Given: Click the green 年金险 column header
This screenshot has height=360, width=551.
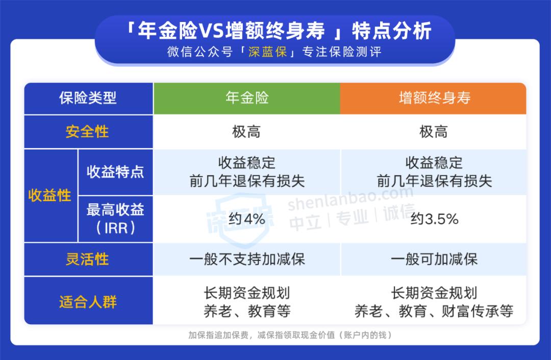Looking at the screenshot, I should pos(246,98).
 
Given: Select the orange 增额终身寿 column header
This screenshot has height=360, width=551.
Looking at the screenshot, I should pos(434,98).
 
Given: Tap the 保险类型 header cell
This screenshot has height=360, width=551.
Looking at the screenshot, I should pos(88,98).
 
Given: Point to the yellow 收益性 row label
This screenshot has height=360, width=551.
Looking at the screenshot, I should pos(49,196).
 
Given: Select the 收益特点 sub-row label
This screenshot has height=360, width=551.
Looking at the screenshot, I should pos(115,172).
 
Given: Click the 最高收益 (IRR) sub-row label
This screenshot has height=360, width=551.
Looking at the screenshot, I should pos(115,218).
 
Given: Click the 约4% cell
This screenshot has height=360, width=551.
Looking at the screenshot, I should pos(246,219).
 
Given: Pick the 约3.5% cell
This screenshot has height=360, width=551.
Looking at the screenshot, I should pos(434,219).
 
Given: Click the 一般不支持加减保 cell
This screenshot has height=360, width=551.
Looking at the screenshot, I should pos(246,259).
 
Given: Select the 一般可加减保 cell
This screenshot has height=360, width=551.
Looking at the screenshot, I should pos(434,259).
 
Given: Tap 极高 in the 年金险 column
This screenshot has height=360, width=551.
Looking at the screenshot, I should pos(246,132).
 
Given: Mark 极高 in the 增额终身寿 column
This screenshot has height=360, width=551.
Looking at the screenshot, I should pos(434,132).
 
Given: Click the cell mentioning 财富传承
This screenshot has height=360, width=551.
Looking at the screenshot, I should pos(434,302).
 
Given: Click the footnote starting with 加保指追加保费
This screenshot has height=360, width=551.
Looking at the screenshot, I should pos(275,335).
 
